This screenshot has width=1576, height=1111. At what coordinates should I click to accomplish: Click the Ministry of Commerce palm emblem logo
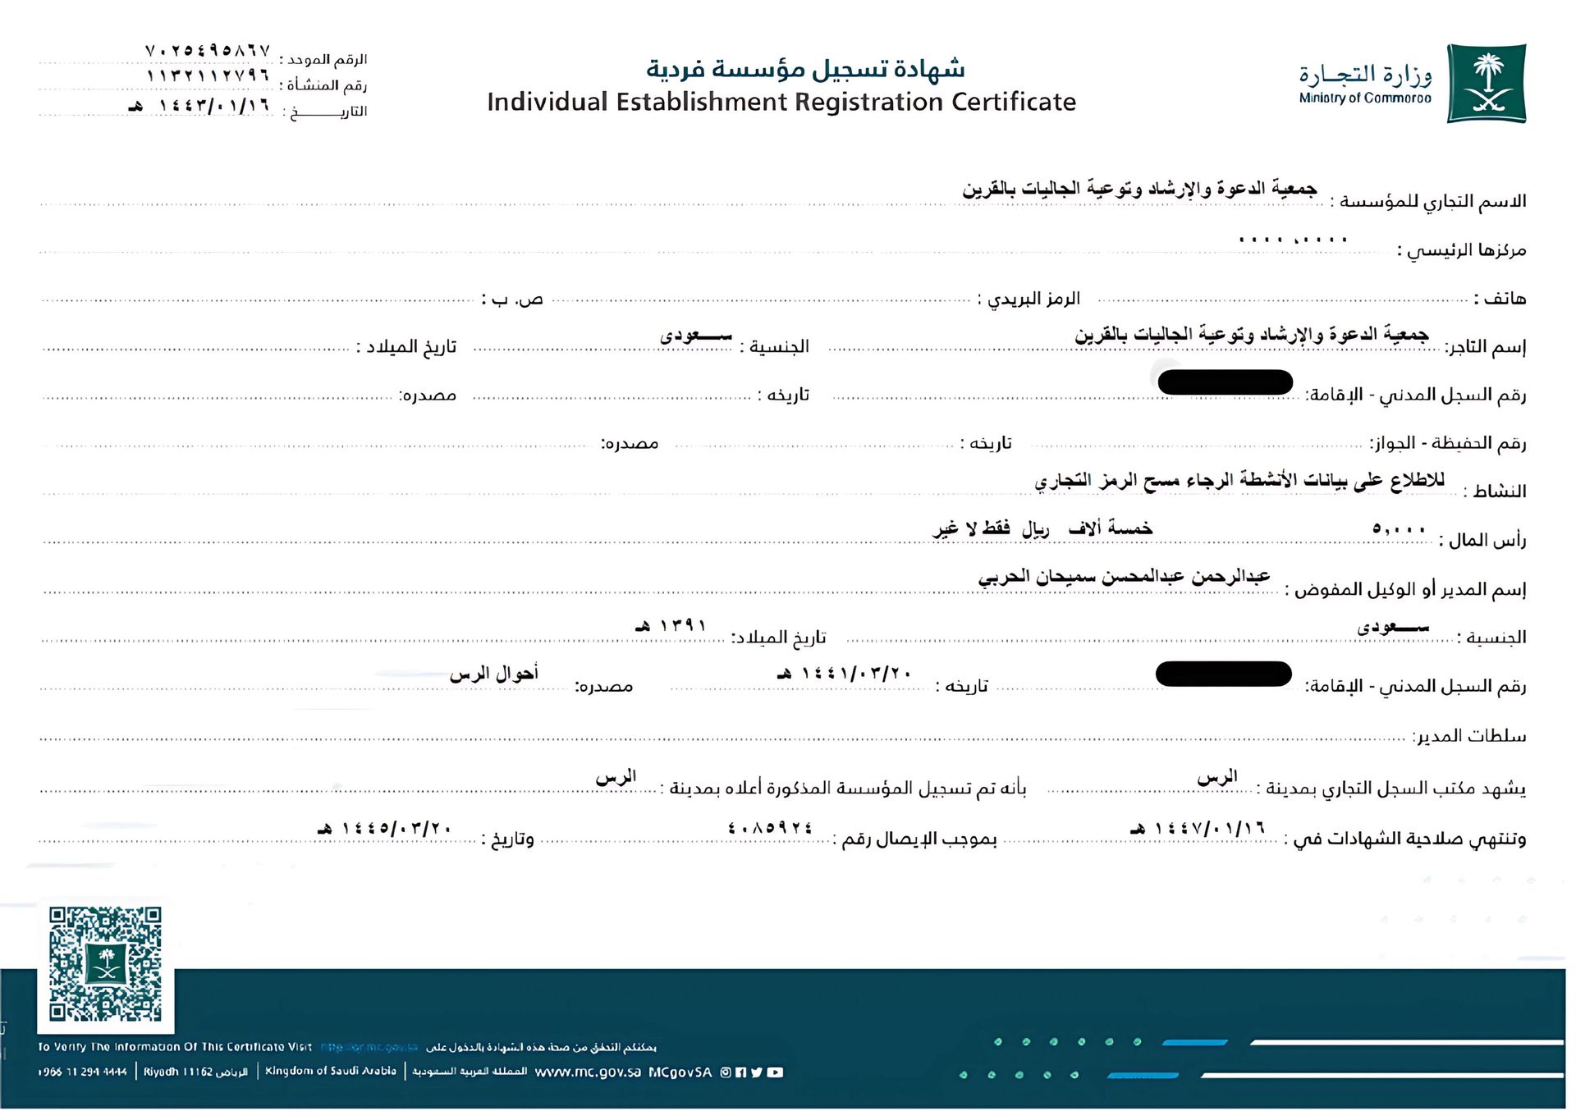pyautogui.click(x=1486, y=84)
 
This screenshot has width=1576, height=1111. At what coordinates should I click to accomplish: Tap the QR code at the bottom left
pyautogui.click(x=105, y=964)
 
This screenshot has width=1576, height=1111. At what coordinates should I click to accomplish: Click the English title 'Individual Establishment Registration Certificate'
pyautogui.click(x=781, y=102)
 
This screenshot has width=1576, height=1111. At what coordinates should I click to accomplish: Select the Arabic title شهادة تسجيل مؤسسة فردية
pyautogui.click(x=805, y=69)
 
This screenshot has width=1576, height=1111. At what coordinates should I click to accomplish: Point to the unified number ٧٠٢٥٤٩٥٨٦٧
pyautogui.click(x=208, y=51)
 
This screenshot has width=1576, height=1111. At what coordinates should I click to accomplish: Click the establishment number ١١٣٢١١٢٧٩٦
pyautogui.click(x=208, y=75)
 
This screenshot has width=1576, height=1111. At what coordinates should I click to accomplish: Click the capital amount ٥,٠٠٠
pyautogui.click(x=1399, y=529)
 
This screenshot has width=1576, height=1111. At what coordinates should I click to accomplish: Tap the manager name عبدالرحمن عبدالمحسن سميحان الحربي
pyautogui.click(x=1124, y=577)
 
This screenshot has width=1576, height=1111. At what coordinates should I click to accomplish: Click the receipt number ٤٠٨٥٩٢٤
pyautogui.click(x=770, y=828)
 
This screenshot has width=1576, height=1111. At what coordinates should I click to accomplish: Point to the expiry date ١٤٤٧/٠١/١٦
pyautogui.click(x=1198, y=828)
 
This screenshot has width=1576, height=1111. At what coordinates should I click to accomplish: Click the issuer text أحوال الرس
pyautogui.click(x=494, y=674)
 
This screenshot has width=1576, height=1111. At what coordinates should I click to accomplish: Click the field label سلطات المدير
pyautogui.click(x=1470, y=736)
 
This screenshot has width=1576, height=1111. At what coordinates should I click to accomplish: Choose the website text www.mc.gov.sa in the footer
pyautogui.click(x=588, y=1072)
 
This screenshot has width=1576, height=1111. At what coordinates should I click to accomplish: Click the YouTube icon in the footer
pyautogui.click(x=775, y=1072)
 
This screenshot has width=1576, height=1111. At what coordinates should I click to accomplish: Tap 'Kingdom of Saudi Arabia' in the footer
pyautogui.click(x=331, y=1072)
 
